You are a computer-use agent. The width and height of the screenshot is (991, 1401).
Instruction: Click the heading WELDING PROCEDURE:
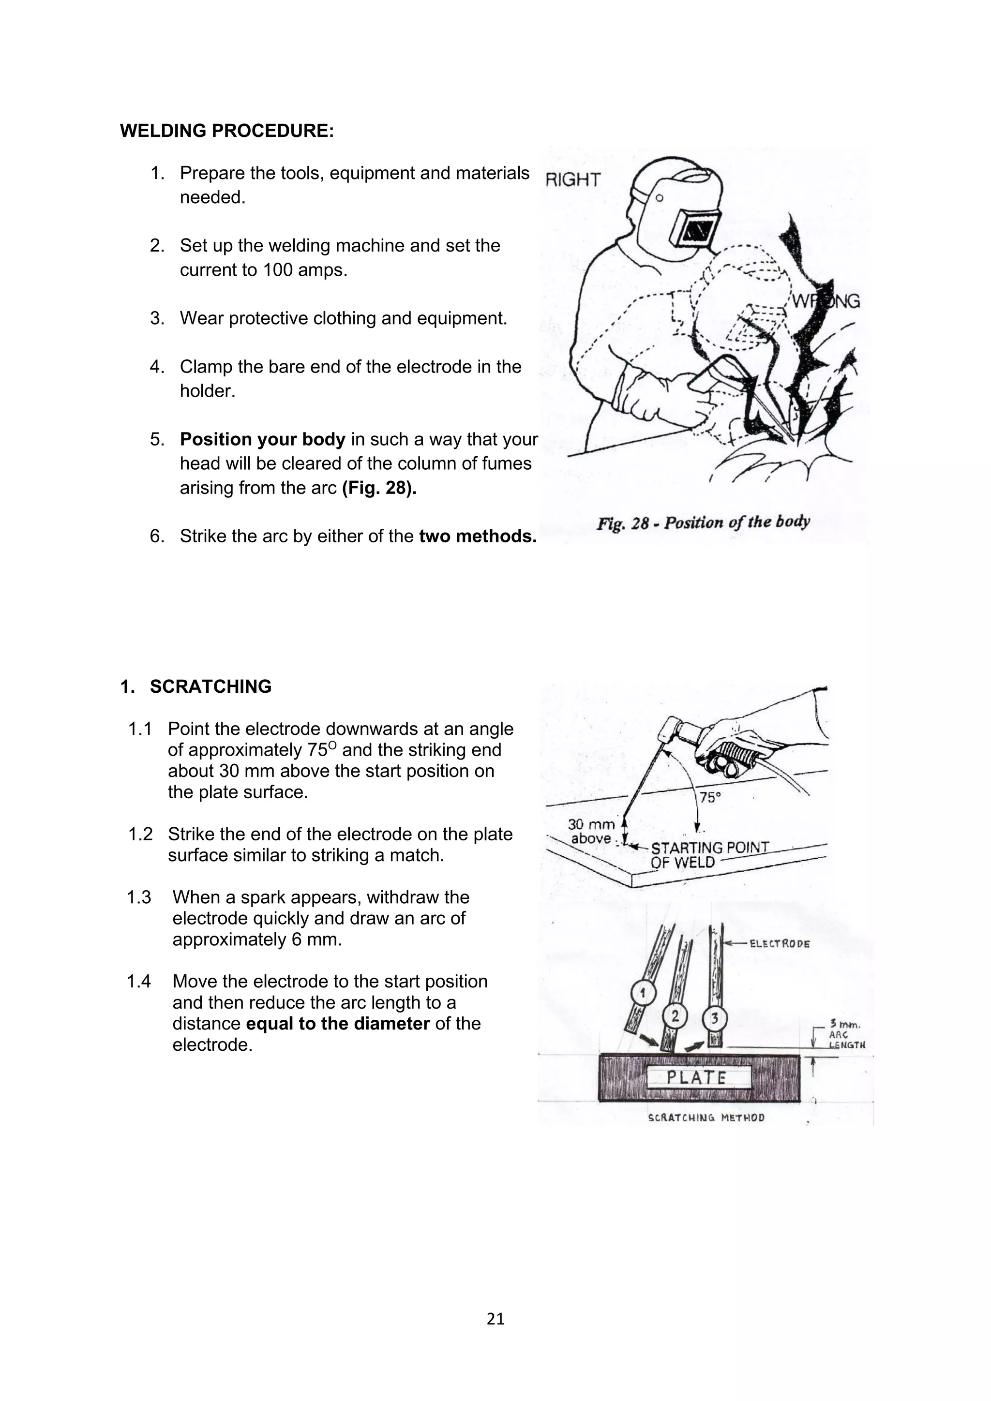pos(226,131)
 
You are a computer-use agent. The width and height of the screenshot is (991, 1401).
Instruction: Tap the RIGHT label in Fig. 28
pos(572,179)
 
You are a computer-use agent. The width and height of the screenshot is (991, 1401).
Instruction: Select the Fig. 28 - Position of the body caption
pos(703,522)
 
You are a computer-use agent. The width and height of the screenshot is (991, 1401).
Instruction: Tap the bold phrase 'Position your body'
pos(262,439)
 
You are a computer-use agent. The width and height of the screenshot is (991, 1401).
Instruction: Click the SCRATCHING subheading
pos(210,686)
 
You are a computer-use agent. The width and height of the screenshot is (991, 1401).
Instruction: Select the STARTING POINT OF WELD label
pos(708,854)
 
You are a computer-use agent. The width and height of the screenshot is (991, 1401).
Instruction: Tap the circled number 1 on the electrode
pos(642,994)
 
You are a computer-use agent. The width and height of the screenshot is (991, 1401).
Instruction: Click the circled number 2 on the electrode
pos(675,1016)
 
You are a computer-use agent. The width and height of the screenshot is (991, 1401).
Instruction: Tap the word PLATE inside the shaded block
pos(696,1077)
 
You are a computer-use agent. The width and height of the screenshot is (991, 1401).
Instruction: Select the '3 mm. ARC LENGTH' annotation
pos(846,1035)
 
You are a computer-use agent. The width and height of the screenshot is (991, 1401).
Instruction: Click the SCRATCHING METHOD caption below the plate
pos(706,1118)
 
